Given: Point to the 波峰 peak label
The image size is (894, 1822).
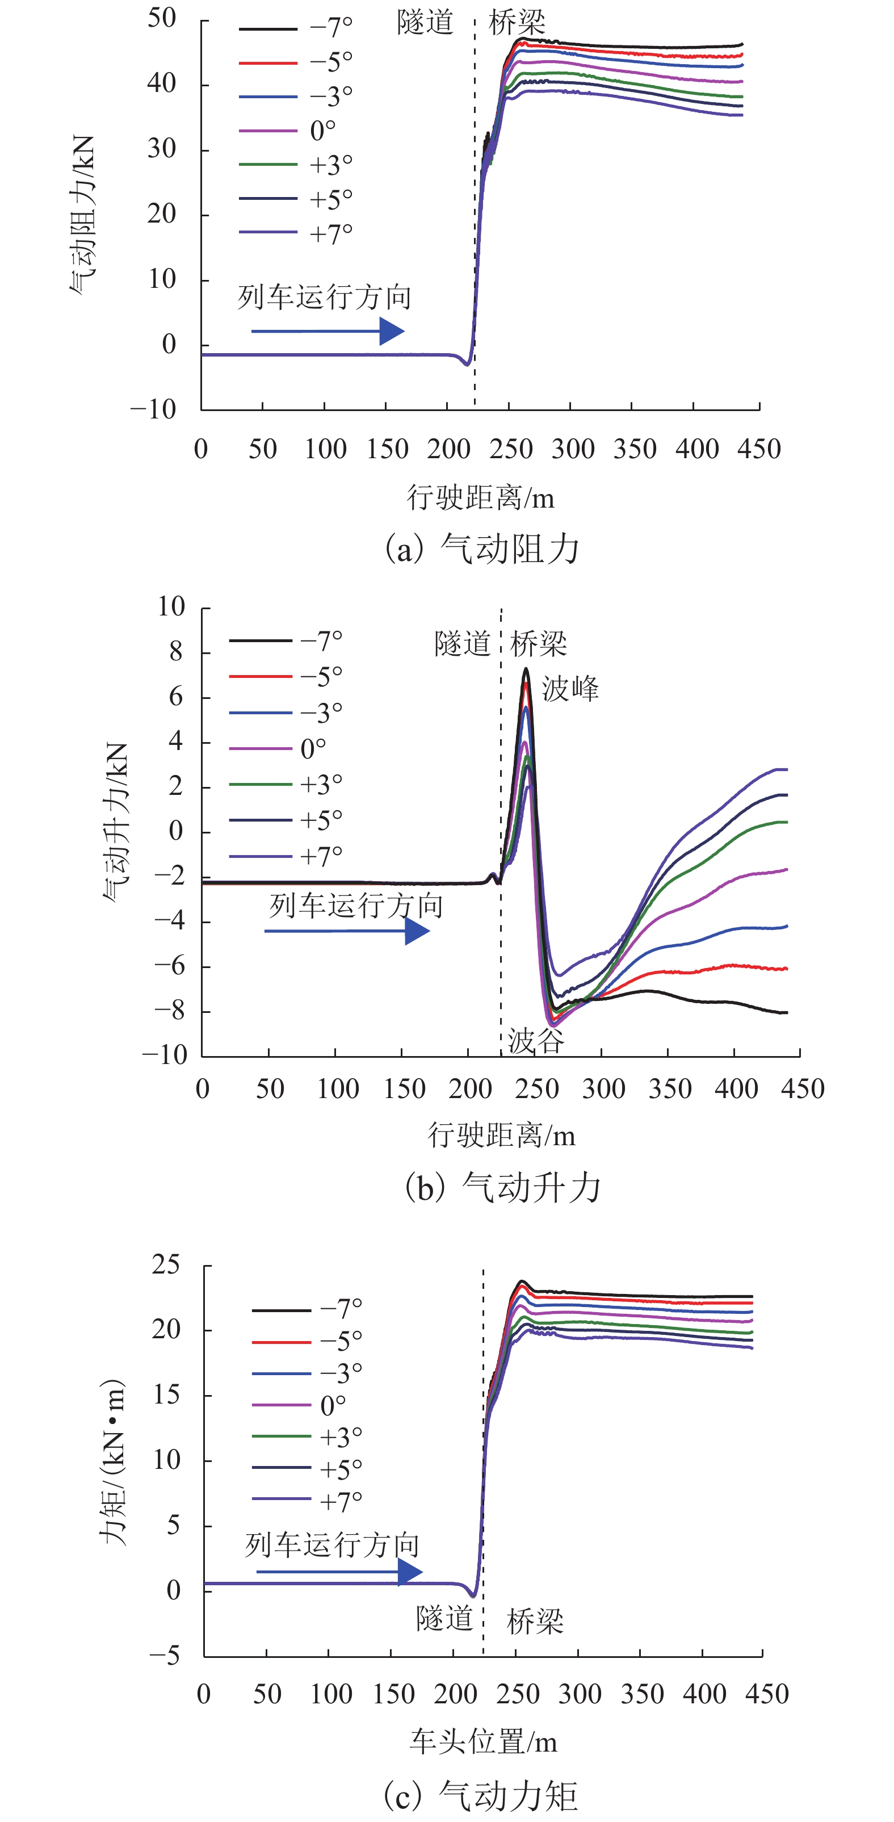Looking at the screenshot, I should [x=570, y=689].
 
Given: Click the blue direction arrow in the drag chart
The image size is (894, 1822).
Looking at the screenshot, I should [x=328, y=331].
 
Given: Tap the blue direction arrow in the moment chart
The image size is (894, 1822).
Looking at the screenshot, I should [x=339, y=1572].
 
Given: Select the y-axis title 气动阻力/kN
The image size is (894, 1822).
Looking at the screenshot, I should [x=82, y=216].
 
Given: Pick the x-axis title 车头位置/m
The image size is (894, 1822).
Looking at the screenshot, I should [x=483, y=1741].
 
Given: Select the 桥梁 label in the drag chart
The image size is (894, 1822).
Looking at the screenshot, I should [x=517, y=23].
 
